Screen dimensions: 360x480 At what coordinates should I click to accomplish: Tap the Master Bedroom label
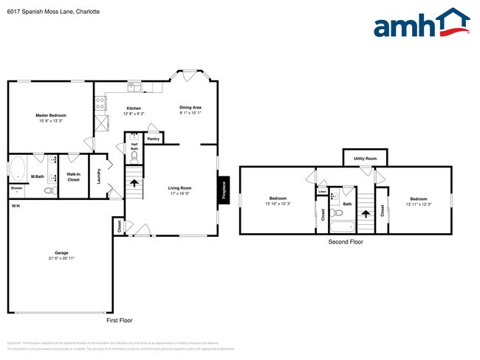point(52,116)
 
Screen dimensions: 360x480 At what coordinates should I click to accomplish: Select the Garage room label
point(61,253)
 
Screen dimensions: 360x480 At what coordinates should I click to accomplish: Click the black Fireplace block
point(222,188)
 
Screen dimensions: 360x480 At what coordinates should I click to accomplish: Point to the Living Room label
point(179,188)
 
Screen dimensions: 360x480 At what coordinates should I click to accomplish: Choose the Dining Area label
point(191,108)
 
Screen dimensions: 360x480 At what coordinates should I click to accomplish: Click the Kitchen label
point(134,108)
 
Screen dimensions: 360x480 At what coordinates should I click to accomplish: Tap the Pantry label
point(154,139)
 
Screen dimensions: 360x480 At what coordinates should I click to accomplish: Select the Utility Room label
point(365,159)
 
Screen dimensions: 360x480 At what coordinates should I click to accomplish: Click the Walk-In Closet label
point(73,177)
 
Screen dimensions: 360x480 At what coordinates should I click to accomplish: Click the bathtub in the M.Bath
point(18,168)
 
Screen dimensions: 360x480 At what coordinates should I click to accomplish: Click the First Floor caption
point(120,320)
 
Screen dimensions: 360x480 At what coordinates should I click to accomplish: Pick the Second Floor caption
point(346,241)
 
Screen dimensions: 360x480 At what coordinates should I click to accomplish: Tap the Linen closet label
point(323,191)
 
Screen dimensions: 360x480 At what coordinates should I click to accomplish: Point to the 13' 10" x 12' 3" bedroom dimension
point(278,204)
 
